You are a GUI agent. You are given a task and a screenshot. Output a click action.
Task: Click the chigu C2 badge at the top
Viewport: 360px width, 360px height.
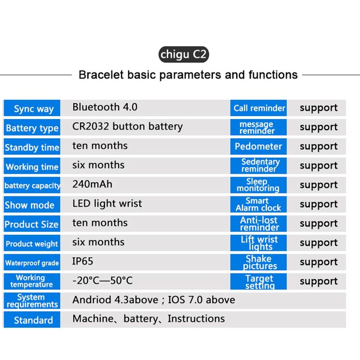184,54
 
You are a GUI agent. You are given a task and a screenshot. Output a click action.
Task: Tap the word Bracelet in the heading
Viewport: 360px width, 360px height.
101,75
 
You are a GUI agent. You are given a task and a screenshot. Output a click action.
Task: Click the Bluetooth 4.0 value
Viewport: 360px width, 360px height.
105,107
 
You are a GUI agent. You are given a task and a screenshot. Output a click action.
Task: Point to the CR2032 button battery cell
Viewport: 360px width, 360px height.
127,127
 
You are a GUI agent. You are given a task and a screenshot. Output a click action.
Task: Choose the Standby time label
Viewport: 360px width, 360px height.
32,147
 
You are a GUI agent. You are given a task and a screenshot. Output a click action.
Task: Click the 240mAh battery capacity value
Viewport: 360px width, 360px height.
92,184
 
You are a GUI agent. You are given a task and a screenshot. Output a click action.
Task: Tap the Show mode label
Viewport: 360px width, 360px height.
30,205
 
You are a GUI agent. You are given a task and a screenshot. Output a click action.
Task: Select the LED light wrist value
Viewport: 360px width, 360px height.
107,204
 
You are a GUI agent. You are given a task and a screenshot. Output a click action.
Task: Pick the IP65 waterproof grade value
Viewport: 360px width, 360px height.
83,261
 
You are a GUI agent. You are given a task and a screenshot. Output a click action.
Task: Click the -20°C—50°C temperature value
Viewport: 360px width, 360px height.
102,281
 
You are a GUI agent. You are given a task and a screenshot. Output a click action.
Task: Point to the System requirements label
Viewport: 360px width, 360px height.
32,301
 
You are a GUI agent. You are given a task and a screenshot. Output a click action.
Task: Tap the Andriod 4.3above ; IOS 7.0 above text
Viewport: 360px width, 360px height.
154,300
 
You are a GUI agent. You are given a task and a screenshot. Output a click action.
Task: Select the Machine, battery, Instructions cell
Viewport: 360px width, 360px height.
148,319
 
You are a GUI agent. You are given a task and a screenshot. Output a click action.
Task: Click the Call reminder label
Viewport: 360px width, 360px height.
259,108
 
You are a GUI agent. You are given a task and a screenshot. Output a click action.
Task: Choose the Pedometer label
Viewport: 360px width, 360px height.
258,146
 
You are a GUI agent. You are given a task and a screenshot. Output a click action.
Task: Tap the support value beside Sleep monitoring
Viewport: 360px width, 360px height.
319,185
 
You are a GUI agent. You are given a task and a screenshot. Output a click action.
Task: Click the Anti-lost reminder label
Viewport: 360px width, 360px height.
259,224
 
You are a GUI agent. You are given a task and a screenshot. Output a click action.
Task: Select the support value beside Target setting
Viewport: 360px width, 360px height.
319,281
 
